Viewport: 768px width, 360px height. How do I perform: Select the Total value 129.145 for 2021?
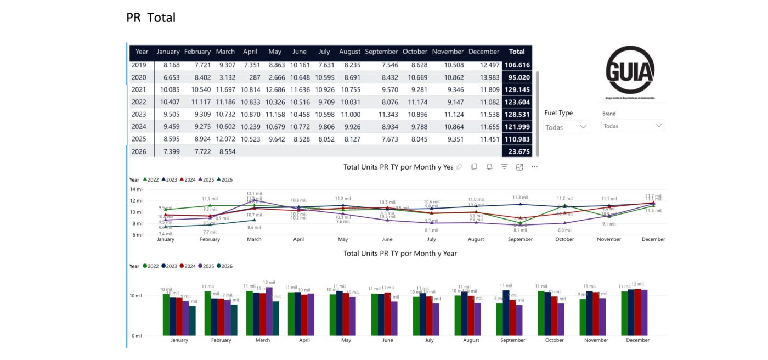516,89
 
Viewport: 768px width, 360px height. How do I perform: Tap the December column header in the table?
484,52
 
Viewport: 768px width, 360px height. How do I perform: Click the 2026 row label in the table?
139,151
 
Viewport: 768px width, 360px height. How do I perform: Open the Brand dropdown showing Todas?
633,126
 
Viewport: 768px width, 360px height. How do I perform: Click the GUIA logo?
630,71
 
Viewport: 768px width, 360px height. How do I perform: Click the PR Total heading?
151,18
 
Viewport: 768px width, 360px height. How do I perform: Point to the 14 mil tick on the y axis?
137,189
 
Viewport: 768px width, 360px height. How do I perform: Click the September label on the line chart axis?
520,239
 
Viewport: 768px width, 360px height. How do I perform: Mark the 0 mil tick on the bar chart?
137,335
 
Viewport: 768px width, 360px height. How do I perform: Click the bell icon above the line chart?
489,167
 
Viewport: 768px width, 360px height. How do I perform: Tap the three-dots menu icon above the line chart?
534,167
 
